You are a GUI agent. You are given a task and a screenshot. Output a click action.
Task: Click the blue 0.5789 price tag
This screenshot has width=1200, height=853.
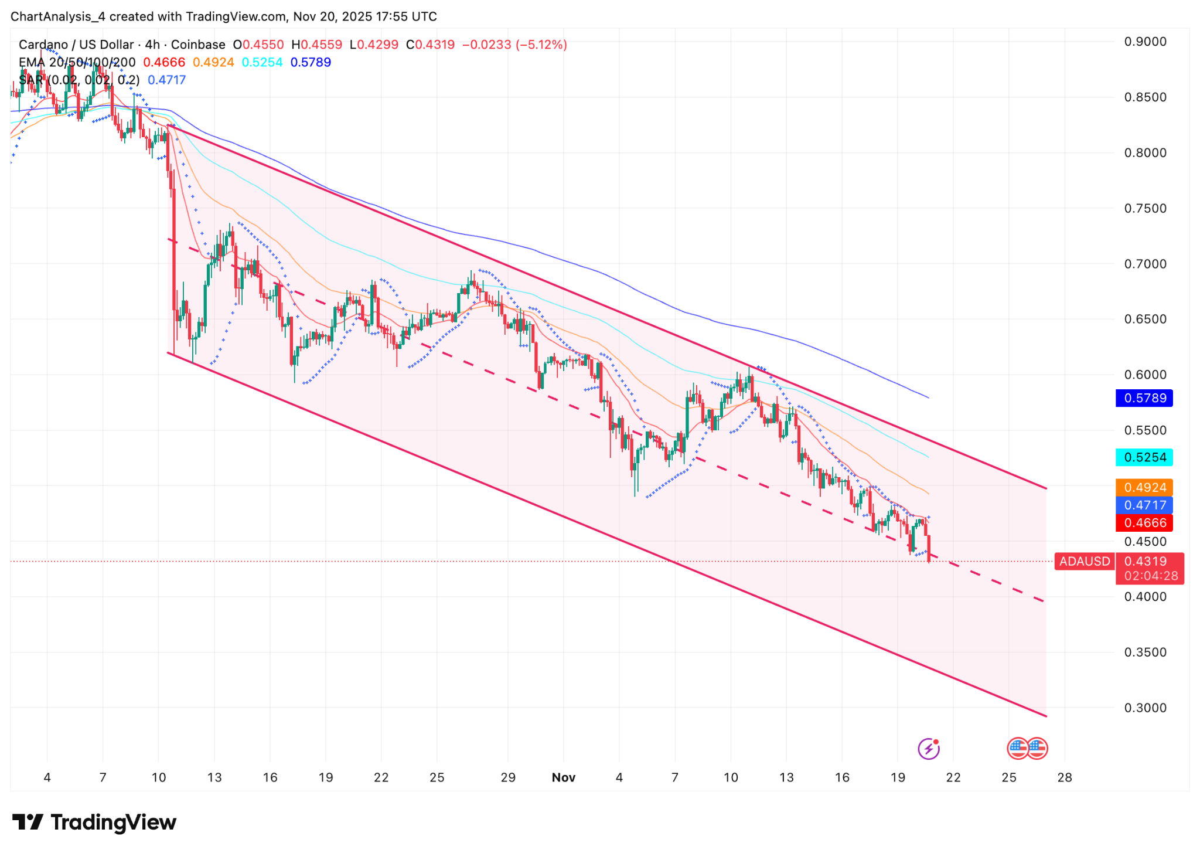coord(1144,398)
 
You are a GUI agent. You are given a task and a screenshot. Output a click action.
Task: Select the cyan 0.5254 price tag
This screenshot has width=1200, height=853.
coord(1144,457)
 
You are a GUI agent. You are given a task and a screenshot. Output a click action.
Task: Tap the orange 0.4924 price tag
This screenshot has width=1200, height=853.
coord(1144,487)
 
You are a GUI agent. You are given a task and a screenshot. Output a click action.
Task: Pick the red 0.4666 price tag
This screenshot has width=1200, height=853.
coord(1144,522)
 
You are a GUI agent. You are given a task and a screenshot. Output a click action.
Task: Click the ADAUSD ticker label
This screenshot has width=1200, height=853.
coord(1085,561)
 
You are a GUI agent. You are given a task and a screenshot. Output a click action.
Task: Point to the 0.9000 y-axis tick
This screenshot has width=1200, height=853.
coord(1145,42)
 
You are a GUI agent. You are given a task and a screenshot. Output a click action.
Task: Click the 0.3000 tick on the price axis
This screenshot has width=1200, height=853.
coord(1145,708)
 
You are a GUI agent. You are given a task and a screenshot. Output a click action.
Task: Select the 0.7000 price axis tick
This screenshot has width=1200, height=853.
coord(1145,264)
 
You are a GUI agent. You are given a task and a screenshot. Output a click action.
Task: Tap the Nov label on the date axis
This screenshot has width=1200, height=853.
coord(564,777)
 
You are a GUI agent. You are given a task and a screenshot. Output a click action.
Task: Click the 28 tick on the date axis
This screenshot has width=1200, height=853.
coord(1065,777)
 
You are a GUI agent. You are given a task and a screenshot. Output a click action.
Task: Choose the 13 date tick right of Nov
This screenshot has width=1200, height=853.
coord(786,777)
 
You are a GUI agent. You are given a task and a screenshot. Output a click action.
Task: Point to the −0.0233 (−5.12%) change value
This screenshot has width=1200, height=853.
coord(514,45)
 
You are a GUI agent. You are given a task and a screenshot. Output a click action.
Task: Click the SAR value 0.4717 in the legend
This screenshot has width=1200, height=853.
coord(167,80)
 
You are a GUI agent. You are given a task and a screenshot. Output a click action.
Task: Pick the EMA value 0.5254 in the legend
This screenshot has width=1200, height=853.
coord(262,62)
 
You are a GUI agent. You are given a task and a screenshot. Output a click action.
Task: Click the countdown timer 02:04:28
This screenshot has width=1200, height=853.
coord(1151,576)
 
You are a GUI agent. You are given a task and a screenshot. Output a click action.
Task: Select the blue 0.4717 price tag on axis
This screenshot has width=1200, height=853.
coord(1144,505)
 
